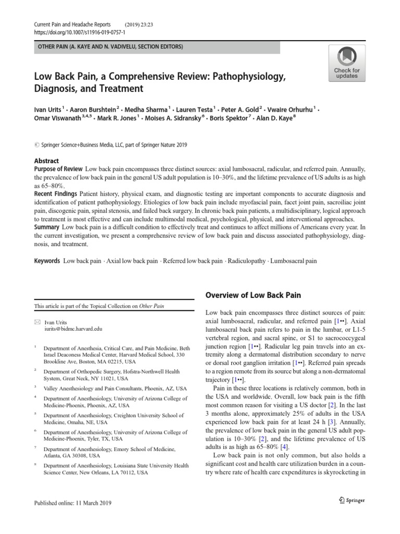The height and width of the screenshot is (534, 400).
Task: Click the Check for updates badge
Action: click(346, 63)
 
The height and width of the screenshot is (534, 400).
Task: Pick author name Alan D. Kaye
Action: click(276, 118)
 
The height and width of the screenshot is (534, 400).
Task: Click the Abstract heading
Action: click(46, 161)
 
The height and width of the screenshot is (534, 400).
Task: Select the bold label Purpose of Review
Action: click(58, 169)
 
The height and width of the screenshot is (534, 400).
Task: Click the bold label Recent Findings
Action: click(56, 194)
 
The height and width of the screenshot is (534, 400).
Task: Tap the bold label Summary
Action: click(47, 227)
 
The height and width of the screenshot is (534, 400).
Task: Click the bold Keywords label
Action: click(47, 260)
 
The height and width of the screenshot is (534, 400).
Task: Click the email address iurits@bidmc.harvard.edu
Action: click(73, 330)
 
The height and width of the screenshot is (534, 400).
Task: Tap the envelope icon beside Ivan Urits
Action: click(36, 322)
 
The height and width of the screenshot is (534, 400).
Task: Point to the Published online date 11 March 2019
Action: click(72, 503)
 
